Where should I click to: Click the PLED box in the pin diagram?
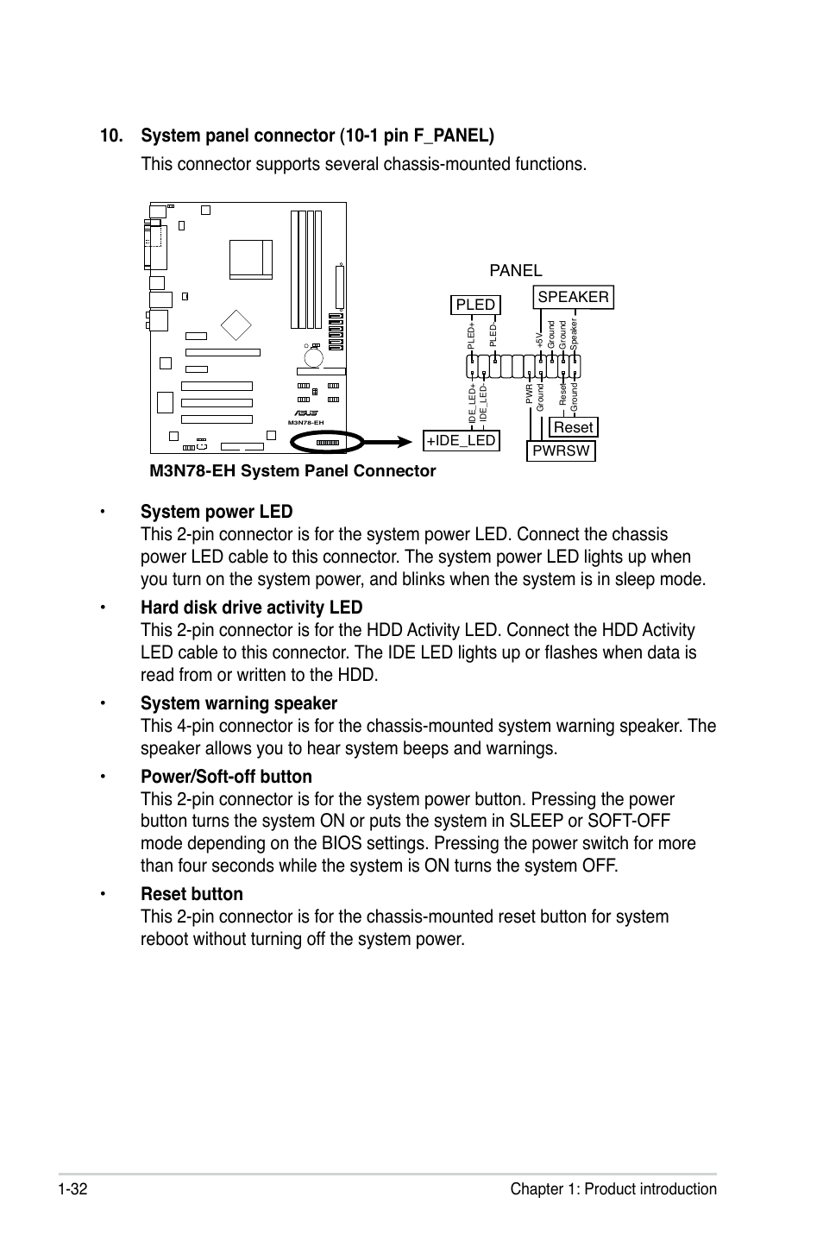pos(475,305)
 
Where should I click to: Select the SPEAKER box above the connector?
pos(573,297)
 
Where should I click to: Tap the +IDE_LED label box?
pos(461,440)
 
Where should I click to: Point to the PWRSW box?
pos(561,450)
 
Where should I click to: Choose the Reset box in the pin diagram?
pos(573,427)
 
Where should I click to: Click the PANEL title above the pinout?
pos(515,270)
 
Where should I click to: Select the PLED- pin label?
pos(493,335)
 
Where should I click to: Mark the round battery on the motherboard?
pos(313,356)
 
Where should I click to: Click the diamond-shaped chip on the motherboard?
pos(236,325)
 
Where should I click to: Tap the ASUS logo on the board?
pos(305,413)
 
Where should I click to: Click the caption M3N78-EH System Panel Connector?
pos(292,470)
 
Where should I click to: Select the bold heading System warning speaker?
pos(239,703)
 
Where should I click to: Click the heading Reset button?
pos(192,894)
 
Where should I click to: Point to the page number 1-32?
pos(75,1189)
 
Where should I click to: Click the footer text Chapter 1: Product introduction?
pos(613,1189)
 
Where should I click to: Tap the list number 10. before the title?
pos(114,136)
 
